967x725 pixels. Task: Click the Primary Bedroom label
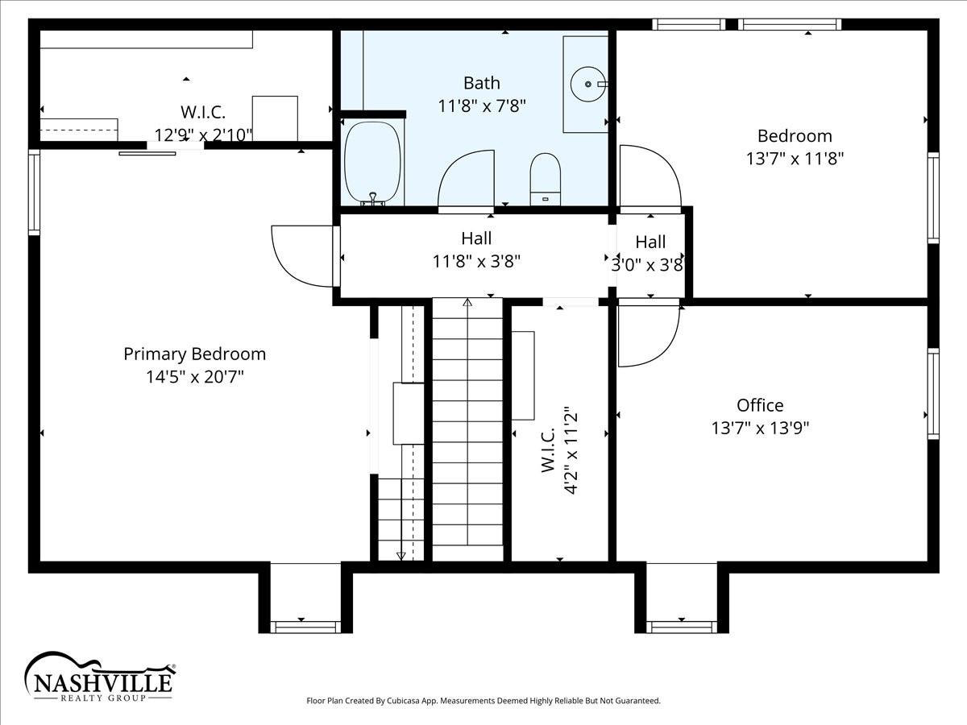pyautogui.click(x=195, y=354)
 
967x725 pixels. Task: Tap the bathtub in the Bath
pyautogui.click(x=374, y=163)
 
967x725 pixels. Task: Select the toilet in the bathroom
pyautogui.click(x=545, y=179)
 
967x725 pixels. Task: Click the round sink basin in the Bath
pyautogui.click(x=588, y=84)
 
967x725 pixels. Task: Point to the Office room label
pyautogui.click(x=760, y=405)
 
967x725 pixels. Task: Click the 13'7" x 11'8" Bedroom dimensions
pyautogui.click(x=795, y=159)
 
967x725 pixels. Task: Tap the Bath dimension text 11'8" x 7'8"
pyautogui.click(x=482, y=106)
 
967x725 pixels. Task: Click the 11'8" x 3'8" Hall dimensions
pyautogui.click(x=476, y=262)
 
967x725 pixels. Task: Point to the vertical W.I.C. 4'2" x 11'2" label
pyautogui.click(x=558, y=451)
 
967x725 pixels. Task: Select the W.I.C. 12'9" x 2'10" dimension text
pyautogui.click(x=203, y=135)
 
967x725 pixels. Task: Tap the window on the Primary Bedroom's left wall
pyautogui.click(x=34, y=193)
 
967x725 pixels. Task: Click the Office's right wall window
pyautogui.click(x=933, y=394)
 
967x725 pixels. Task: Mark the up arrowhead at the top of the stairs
pyautogui.click(x=467, y=302)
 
